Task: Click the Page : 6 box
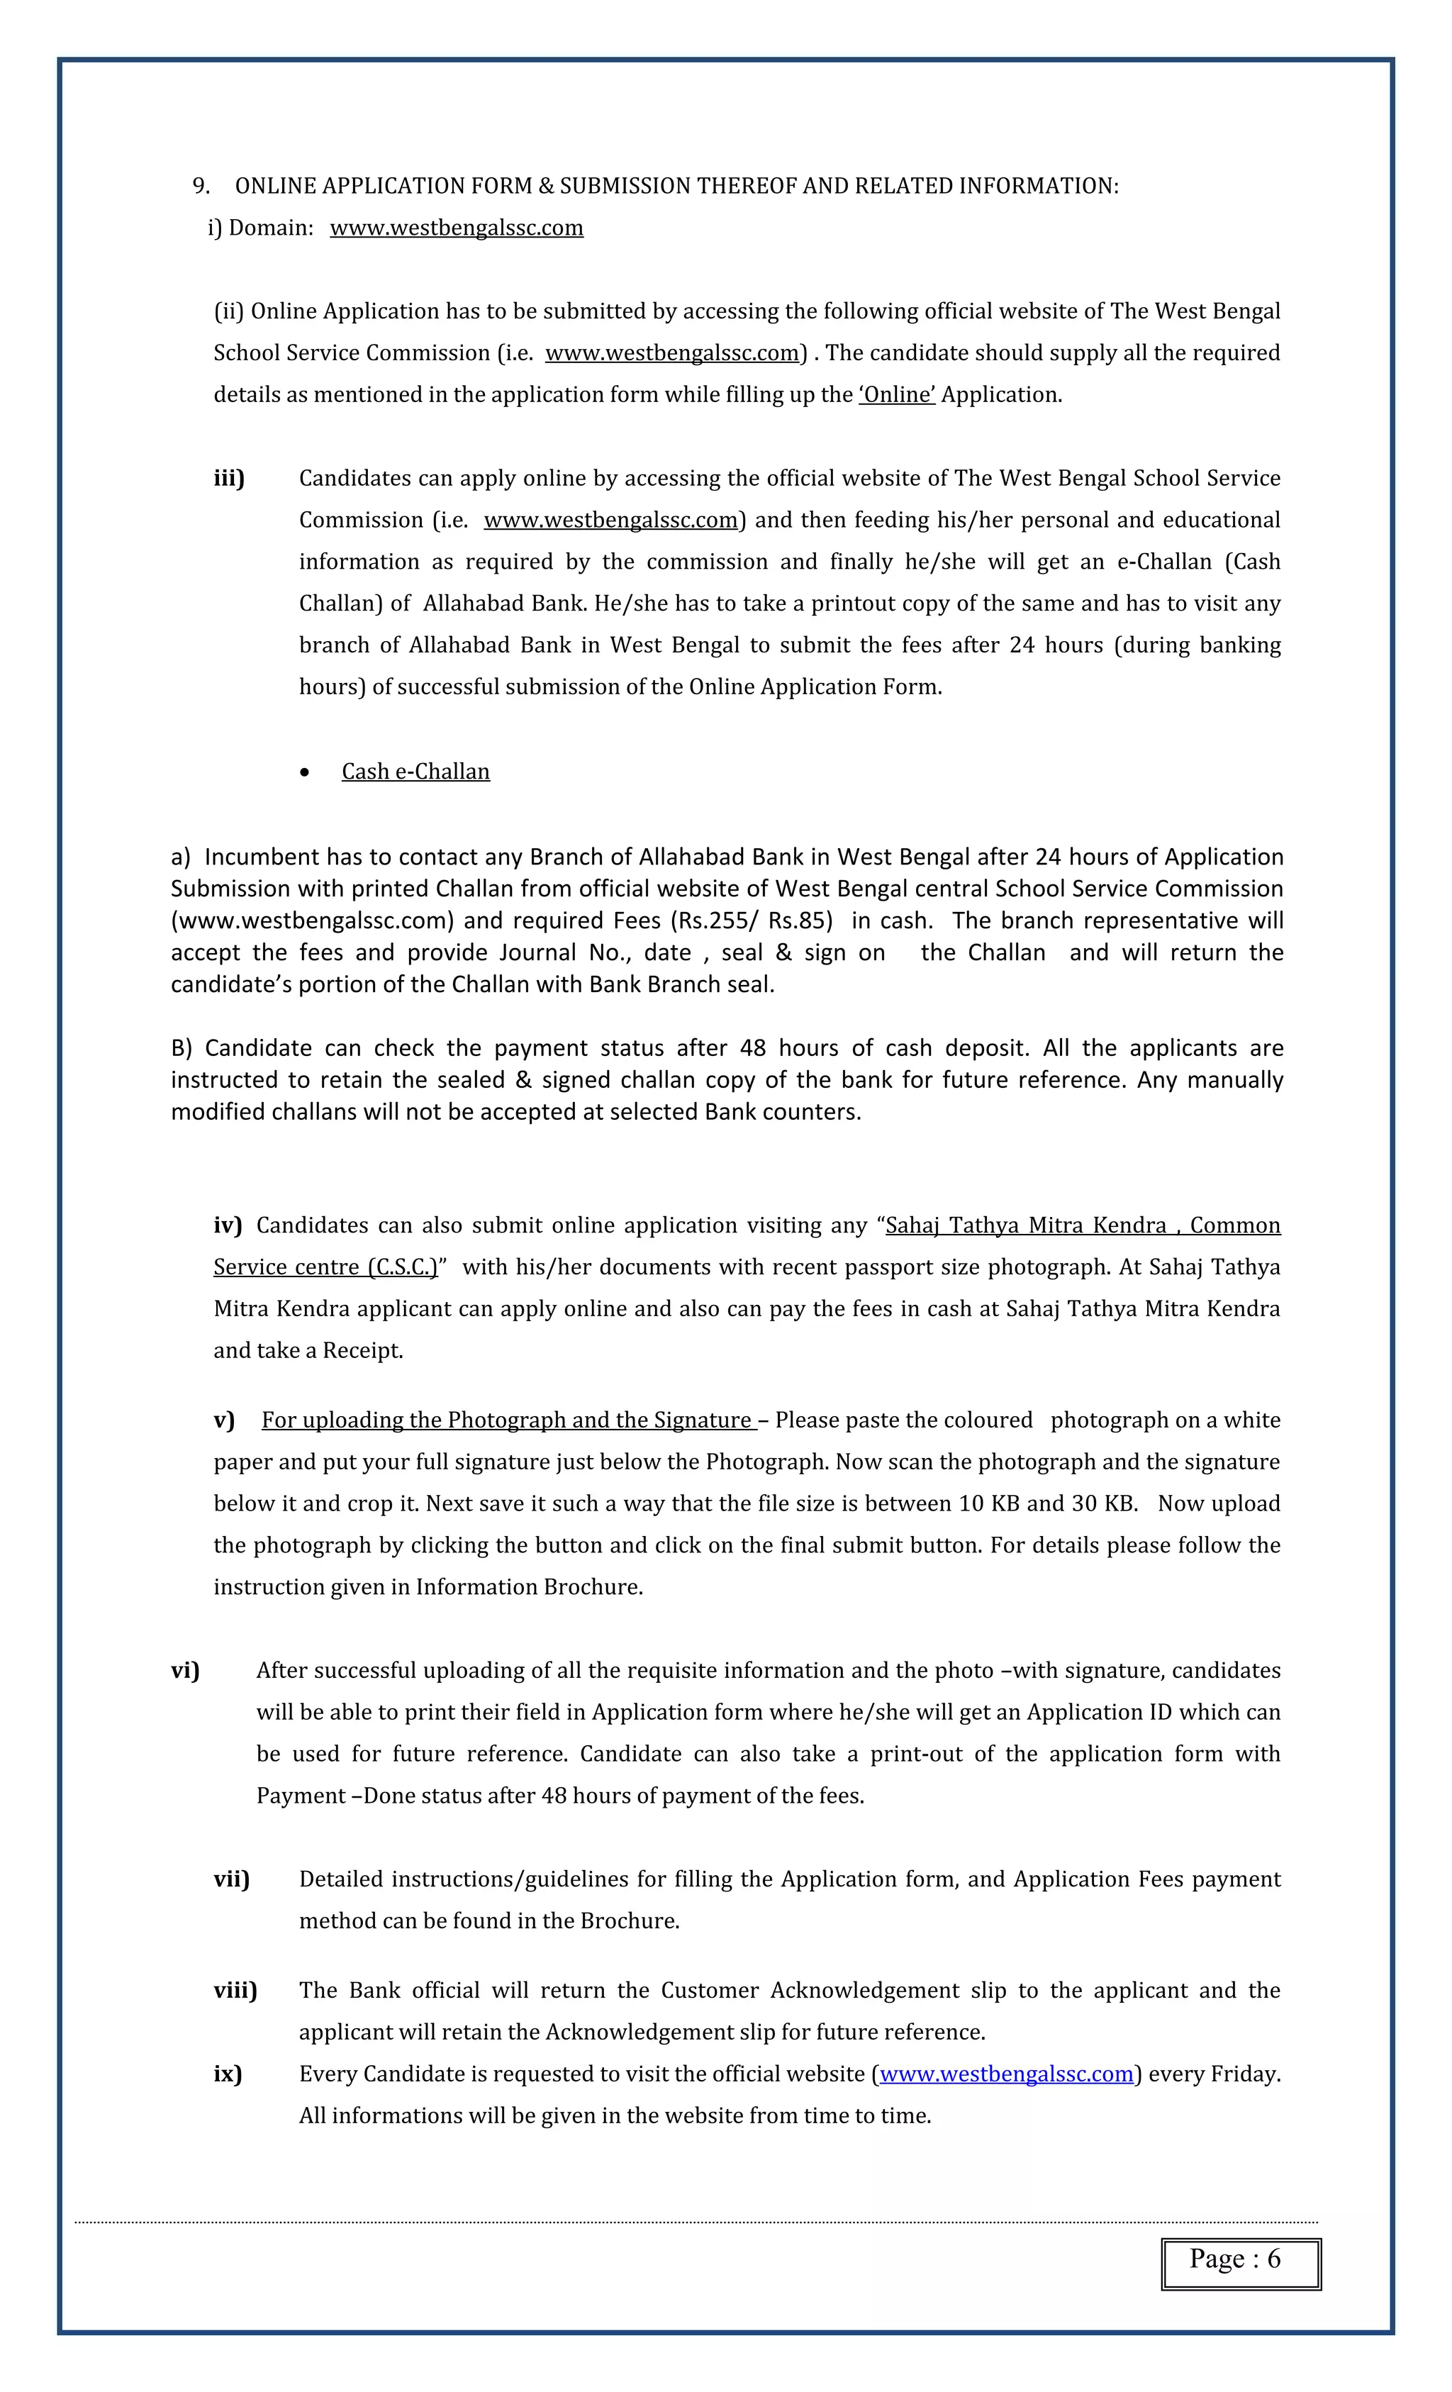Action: click(1241, 2264)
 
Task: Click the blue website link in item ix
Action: click(1007, 2074)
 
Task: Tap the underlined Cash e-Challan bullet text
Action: click(415, 772)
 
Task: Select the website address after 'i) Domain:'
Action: click(456, 228)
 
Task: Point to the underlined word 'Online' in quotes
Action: click(897, 395)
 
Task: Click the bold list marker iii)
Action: click(229, 479)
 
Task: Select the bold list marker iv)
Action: click(227, 1225)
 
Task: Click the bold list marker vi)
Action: click(185, 1670)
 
